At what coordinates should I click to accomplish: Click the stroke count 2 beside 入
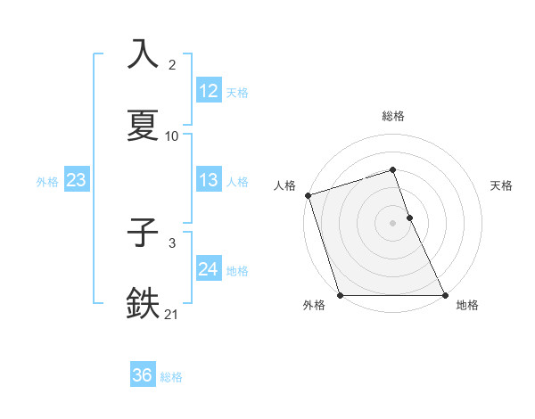click(172, 65)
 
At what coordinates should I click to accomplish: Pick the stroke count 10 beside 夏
click(172, 136)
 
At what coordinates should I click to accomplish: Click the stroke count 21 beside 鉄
click(172, 314)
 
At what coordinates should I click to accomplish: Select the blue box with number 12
click(209, 90)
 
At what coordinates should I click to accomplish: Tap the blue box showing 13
click(209, 180)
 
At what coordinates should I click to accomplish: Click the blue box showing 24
click(209, 269)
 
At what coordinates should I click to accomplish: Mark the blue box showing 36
click(143, 375)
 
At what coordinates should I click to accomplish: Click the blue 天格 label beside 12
click(237, 92)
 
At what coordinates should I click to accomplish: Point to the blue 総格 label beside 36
click(171, 377)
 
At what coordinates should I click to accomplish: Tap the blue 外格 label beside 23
click(47, 182)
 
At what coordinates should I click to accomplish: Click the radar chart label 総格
click(393, 116)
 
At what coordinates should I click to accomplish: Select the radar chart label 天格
click(502, 185)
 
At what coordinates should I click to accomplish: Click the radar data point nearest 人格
click(308, 195)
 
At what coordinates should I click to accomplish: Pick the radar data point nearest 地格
click(445, 295)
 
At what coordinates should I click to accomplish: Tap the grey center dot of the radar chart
click(393, 223)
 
